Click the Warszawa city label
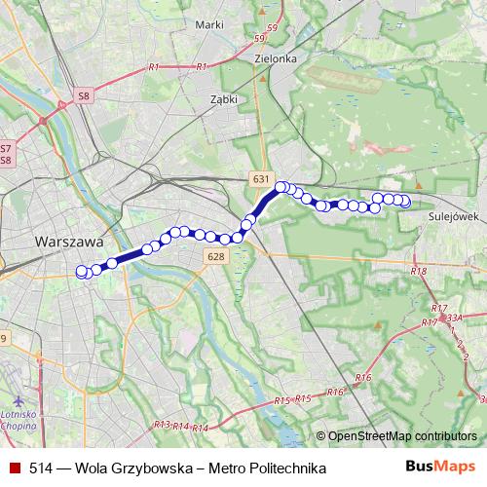tap(68, 240)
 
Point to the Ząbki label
tap(223, 99)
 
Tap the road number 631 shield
tap(260, 181)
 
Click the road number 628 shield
tap(216, 255)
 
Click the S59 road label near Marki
tap(258, 39)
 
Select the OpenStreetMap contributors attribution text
tap(401, 437)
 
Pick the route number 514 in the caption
tap(40, 468)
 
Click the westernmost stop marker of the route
tap(82, 273)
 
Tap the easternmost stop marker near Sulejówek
tap(405, 202)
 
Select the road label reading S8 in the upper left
tap(85, 95)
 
